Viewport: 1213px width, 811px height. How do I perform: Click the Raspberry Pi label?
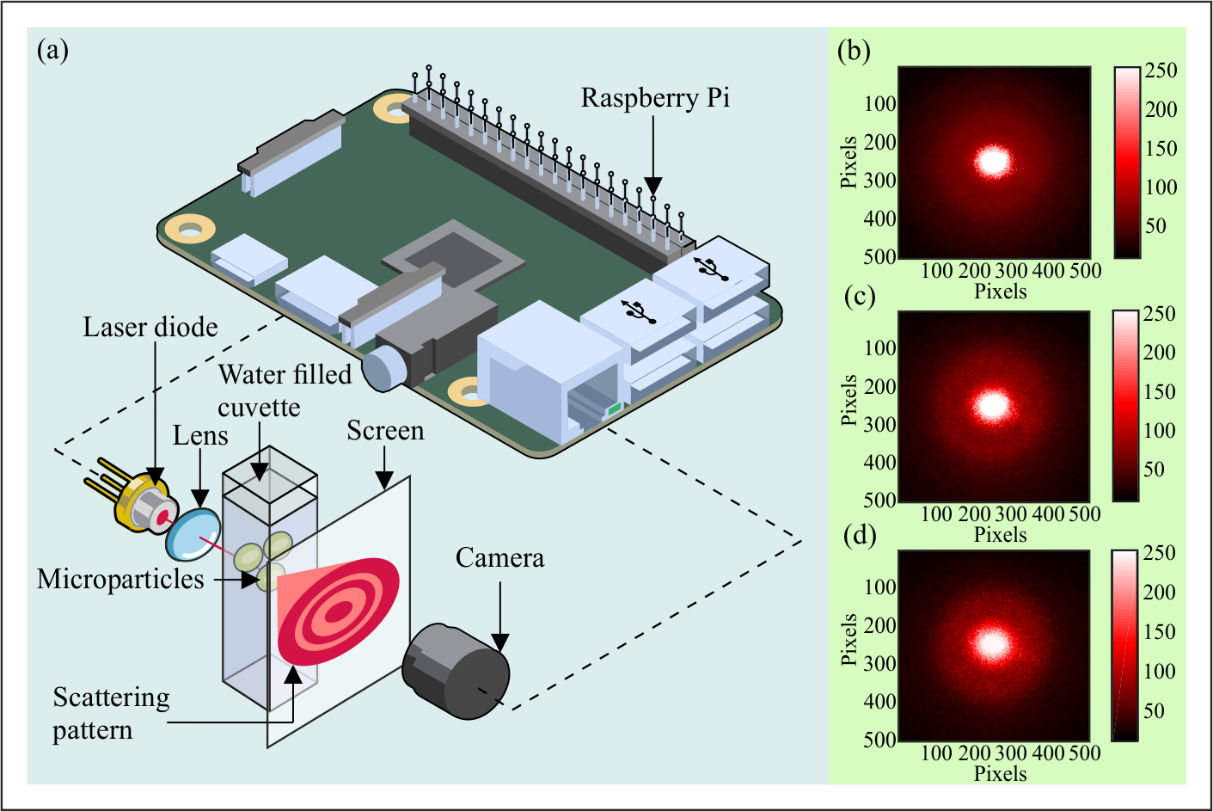pyautogui.click(x=655, y=98)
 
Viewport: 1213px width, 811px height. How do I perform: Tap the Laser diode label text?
pyautogui.click(x=150, y=328)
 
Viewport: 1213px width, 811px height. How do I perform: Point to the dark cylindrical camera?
pyautogui.click(x=456, y=672)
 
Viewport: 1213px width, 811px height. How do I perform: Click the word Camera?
pyautogui.click(x=499, y=558)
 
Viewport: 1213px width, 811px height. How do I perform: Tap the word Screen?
pyautogui.click(x=385, y=431)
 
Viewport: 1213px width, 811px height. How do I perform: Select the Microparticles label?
pyautogui.click(x=120, y=579)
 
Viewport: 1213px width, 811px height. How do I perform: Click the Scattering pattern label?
pyautogui.click(x=111, y=714)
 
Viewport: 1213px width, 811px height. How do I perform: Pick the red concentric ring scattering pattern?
pyautogui.click(x=339, y=611)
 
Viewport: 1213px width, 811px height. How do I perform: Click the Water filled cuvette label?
pyautogui.click(x=285, y=390)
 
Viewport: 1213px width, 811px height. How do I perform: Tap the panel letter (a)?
pyautogui.click(x=52, y=50)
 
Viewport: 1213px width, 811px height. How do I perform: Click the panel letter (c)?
pyautogui.click(x=860, y=296)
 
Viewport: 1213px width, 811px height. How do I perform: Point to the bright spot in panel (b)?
pyautogui.click(x=993, y=161)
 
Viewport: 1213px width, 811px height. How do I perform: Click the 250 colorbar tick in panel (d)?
pyautogui.click(x=1159, y=553)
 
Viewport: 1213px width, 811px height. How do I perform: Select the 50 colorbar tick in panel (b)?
pyautogui.click(x=1155, y=226)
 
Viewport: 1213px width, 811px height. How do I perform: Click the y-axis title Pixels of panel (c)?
pyautogui.click(x=849, y=400)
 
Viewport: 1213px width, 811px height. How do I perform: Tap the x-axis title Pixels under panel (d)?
pyautogui.click(x=1000, y=774)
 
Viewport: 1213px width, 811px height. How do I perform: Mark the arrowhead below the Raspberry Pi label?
pyautogui.click(x=653, y=186)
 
